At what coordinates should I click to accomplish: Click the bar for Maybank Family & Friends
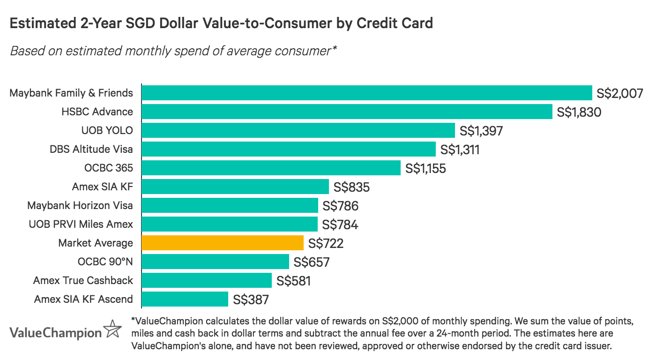pyautogui.click(x=366, y=93)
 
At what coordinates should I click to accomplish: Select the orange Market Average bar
pyautogui.click(x=222, y=243)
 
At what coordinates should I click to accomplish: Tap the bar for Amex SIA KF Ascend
pyautogui.click(x=185, y=299)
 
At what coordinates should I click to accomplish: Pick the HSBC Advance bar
pyautogui.click(x=347, y=112)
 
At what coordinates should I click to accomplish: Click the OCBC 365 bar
pyautogui.click(x=271, y=168)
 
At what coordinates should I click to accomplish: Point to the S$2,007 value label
pyautogui.click(x=619, y=93)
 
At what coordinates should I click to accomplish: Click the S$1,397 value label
pyautogui.click(x=481, y=131)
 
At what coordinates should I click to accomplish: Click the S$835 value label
pyautogui.click(x=351, y=187)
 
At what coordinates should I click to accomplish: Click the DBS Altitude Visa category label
pyautogui.click(x=91, y=149)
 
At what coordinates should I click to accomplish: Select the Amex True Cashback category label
pyautogui.click(x=83, y=280)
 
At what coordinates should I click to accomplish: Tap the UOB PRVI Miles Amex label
pyautogui.click(x=81, y=224)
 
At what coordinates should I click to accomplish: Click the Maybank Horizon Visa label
pyautogui.click(x=80, y=205)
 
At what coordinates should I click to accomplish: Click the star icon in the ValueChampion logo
pyautogui.click(x=112, y=330)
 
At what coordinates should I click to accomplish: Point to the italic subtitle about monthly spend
pyautogui.click(x=173, y=51)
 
